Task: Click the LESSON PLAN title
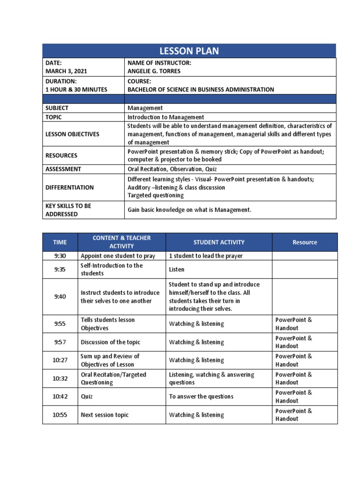coord(189,51)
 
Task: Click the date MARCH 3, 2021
coord(66,71)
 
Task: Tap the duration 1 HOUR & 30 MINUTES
coord(76,90)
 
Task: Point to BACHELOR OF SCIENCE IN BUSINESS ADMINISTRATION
coord(201,90)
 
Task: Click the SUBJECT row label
coord(57,108)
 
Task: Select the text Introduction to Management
coord(166,117)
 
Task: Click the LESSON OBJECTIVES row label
coord(72,134)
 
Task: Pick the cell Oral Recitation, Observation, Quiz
coord(172,169)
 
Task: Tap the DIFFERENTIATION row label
coord(69,187)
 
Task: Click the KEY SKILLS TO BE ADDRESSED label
coord(68,210)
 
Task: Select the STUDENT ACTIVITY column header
coord(219,242)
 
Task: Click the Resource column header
coord(305,242)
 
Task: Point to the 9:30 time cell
coord(60,256)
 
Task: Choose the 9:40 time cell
coord(60,297)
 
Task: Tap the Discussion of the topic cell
coord(110,342)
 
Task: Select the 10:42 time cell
coord(60,397)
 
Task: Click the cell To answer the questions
coord(201,397)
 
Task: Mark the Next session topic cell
coord(105,415)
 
